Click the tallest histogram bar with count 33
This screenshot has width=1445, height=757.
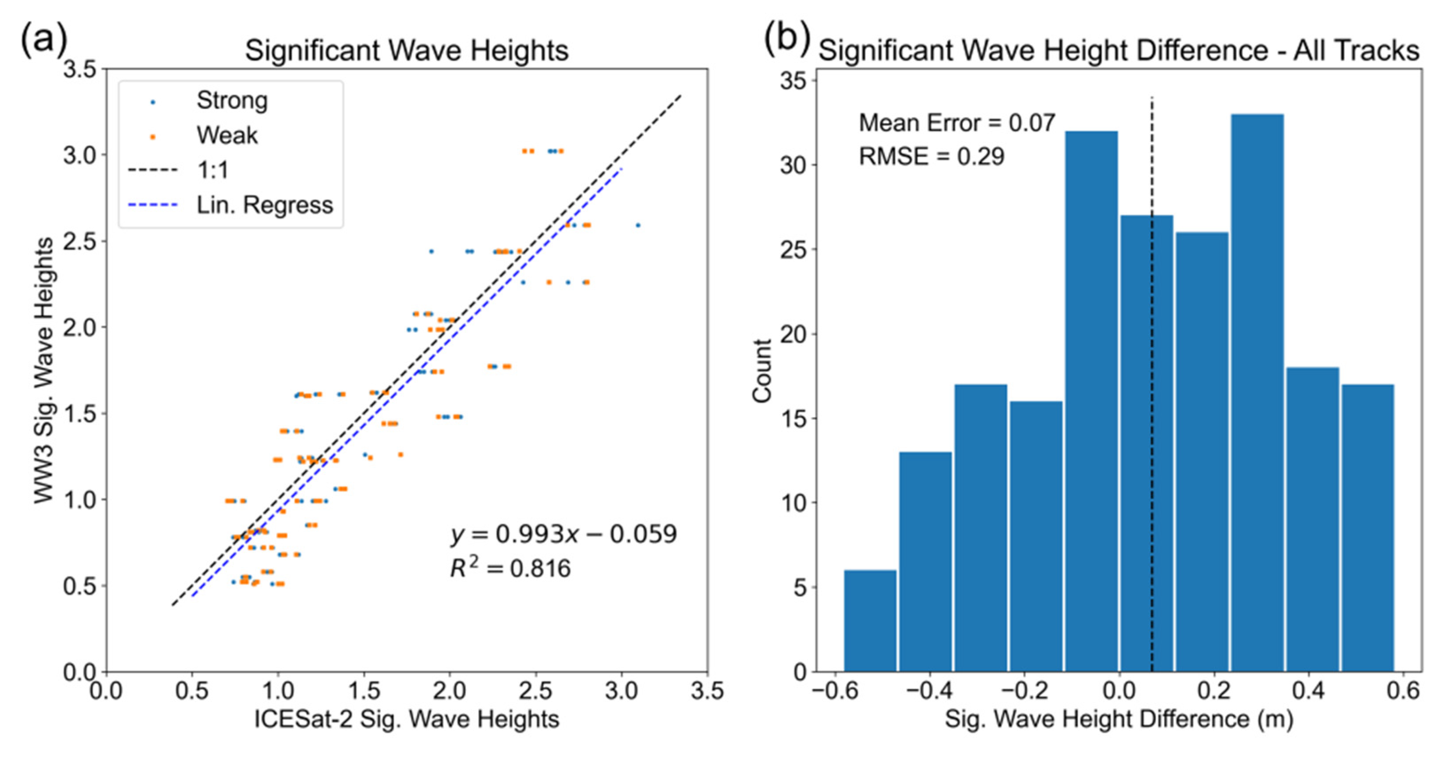pos(1257,393)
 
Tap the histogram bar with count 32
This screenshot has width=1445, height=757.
pos(1092,401)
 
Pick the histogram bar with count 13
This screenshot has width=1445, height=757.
pos(925,561)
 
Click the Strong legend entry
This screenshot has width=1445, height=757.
pos(231,101)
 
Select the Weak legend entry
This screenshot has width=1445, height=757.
pos(227,136)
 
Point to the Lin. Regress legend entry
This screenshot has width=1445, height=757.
pos(264,205)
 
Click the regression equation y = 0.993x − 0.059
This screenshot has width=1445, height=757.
pos(563,534)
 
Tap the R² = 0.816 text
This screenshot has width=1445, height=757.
pos(510,569)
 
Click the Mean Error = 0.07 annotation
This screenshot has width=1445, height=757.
pos(957,123)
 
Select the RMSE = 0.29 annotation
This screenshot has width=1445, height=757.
pos(931,156)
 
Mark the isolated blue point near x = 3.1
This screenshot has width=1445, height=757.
pos(638,226)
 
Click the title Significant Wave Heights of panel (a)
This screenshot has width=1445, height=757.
pos(407,51)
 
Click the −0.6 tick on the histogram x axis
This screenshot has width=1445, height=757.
pos(836,691)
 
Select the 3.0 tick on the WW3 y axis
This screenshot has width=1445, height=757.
pos(80,155)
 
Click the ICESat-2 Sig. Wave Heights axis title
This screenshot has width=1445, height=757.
pos(407,719)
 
